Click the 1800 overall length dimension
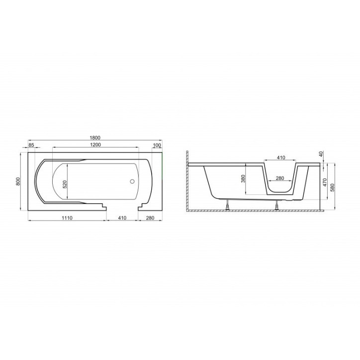coord(95,138)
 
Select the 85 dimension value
coord(31,145)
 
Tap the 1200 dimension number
coord(95,145)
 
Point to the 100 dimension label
coord(157,145)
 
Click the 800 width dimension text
coord(18,181)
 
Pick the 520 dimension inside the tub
coord(65,184)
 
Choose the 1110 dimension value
coord(67,218)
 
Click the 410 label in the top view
coord(122,218)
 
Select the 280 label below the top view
coord(150,218)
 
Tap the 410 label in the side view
coord(281,158)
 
